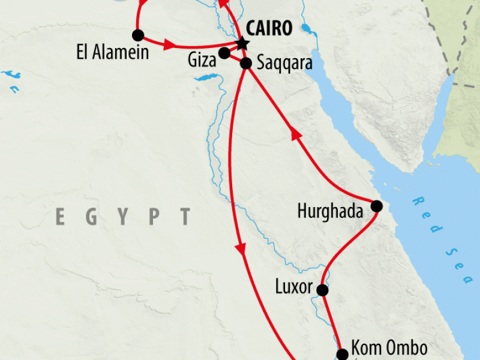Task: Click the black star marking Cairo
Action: tap(242, 43)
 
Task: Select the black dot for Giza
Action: tap(224, 53)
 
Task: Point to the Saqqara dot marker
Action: tap(245, 63)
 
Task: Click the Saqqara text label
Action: tap(284, 62)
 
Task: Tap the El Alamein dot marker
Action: tap(139, 34)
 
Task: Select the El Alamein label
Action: tap(112, 52)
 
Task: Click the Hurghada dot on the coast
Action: tap(376, 206)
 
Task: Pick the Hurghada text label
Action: tap(331, 211)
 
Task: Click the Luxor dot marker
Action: tap(322, 290)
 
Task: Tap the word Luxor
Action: tap(294, 287)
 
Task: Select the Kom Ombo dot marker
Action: tap(341, 354)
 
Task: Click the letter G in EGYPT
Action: tap(92, 217)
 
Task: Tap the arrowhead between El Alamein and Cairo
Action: tap(169, 44)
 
